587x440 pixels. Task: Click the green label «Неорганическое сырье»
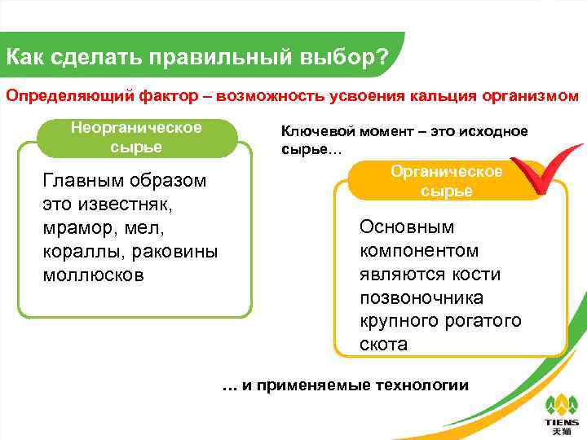tap(136, 138)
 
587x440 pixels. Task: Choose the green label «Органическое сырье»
tap(446, 181)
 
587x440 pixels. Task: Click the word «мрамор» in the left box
tap(77, 228)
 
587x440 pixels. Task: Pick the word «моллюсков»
tap(92, 275)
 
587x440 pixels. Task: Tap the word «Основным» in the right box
tap(407, 227)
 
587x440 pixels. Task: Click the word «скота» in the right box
tap(383, 344)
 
